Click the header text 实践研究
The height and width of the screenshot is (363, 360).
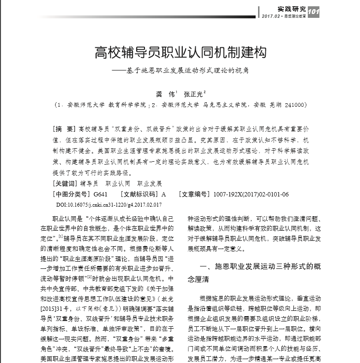click(292, 9)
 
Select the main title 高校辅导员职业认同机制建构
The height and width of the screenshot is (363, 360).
click(180, 52)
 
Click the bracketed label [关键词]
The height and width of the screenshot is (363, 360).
click(65, 183)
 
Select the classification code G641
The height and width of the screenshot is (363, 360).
click(101, 194)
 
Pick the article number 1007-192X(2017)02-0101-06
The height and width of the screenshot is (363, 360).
click(251, 194)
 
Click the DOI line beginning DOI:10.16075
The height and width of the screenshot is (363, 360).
click(109, 205)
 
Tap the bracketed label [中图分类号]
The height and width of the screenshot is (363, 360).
click(71, 194)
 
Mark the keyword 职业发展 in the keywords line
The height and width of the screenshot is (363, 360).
click(150, 183)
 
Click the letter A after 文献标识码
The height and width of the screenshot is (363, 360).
click(163, 194)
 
